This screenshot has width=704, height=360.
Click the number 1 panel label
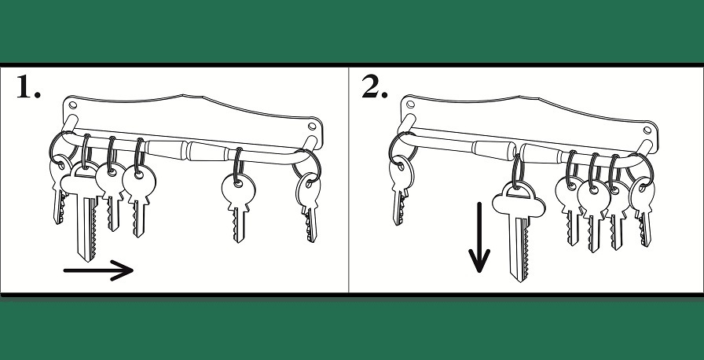click(x=28, y=86)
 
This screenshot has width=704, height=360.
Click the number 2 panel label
click(x=375, y=86)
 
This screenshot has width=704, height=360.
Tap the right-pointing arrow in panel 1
click(x=98, y=270)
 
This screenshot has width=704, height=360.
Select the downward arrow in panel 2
click(x=479, y=237)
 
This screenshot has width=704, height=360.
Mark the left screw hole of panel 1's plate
click(x=73, y=105)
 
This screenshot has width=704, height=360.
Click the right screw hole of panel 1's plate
click(x=312, y=127)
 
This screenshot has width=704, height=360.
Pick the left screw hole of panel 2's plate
click(x=410, y=105)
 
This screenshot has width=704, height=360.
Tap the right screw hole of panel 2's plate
click(x=647, y=130)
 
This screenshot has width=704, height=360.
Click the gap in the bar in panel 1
click(x=187, y=150)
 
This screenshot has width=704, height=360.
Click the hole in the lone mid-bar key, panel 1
click(x=238, y=183)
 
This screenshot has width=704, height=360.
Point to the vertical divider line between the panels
click(x=349, y=180)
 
